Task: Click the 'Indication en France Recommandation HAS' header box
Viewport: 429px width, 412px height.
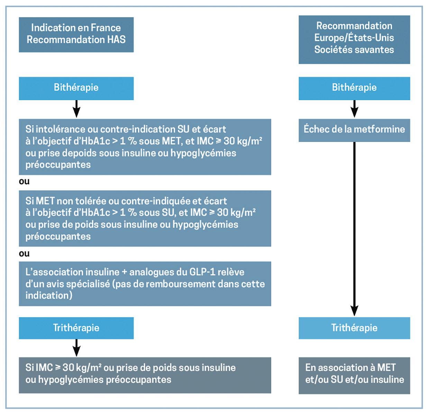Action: (76, 35)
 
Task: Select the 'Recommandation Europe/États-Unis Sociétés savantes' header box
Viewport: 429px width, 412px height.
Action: (354, 39)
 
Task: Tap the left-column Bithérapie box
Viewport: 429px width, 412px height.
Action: (76, 88)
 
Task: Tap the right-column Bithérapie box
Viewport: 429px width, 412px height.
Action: (354, 88)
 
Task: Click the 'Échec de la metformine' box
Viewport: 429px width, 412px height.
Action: (354, 130)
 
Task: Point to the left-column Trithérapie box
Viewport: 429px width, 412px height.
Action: (76, 328)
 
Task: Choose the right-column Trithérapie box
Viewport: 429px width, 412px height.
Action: (354, 328)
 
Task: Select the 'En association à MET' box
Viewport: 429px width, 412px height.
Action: (354, 375)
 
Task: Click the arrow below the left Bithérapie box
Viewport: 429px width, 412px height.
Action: (76, 109)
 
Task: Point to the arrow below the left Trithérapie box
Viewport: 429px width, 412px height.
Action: (76, 348)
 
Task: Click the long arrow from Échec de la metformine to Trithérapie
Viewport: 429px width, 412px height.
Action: (354, 228)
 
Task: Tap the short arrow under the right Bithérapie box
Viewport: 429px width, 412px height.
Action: (354, 109)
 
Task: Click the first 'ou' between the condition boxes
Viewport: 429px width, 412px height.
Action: (24, 182)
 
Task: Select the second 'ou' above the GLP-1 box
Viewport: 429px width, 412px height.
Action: (24, 254)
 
